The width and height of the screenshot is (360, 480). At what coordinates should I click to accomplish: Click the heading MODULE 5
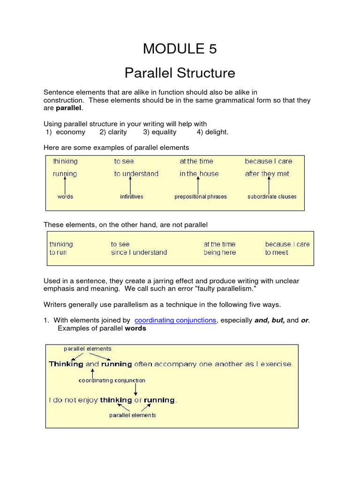tap(180, 48)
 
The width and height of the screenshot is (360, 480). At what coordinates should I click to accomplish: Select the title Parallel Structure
tap(180, 73)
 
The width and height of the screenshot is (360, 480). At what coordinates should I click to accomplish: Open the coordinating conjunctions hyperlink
tap(175, 320)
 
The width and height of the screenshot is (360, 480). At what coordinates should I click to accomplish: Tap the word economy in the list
tap(70, 132)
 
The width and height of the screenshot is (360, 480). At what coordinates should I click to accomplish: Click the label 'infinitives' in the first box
tap(131, 196)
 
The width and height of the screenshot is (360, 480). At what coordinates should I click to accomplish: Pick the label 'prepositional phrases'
tap(201, 196)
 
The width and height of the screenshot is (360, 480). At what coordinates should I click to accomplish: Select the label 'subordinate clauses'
tap(272, 196)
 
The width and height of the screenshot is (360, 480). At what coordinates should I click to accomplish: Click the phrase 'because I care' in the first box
tap(268, 161)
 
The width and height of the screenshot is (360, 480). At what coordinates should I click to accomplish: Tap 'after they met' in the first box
tap(267, 173)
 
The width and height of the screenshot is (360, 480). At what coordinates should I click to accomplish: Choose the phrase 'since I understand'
tap(139, 252)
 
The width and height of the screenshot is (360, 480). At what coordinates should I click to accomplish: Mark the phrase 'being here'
tap(220, 252)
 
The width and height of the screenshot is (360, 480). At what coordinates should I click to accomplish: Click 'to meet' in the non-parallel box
tap(277, 252)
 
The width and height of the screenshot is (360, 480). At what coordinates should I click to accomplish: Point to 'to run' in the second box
tap(58, 252)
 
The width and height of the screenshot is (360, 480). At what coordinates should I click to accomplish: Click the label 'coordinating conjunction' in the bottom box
tap(112, 381)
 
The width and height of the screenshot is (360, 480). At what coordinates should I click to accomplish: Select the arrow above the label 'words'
tap(65, 184)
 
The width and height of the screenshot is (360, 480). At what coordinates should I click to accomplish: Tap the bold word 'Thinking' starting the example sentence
tap(66, 364)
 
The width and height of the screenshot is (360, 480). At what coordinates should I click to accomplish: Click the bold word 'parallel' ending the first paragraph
tap(69, 108)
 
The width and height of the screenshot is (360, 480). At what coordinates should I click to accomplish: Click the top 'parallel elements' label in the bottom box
tap(88, 349)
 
